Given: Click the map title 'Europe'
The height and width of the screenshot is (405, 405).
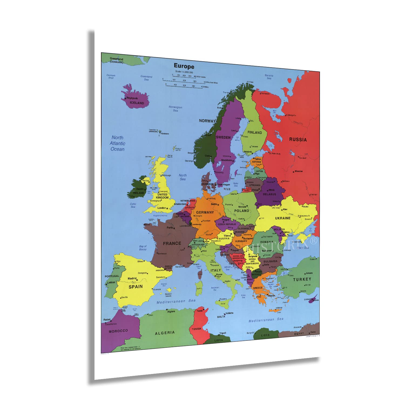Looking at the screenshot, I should click(184, 66).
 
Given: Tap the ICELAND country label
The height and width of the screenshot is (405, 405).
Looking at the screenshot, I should click(137, 103).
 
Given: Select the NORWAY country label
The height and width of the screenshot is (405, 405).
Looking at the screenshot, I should click(207, 121).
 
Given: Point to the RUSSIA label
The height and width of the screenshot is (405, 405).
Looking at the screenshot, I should click(298, 140).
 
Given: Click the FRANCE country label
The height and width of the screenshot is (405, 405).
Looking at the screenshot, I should click(172, 244).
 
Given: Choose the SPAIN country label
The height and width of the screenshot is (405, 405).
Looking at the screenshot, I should click(136, 287).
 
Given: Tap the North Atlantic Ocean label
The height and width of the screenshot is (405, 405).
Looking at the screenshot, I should click(117, 143).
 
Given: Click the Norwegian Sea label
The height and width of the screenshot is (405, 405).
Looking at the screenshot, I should click(175, 109).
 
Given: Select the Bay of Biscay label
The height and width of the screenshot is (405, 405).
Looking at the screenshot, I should click(143, 248).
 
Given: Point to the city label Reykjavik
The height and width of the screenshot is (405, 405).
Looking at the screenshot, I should click(132, 98).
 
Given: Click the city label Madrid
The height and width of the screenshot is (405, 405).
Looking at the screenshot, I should click(132, 278).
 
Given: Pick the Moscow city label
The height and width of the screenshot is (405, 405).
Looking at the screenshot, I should click(299, 171).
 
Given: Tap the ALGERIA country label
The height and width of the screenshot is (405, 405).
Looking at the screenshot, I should click(165, 333).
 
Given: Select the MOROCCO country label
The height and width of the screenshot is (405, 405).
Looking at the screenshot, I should click(118, 331).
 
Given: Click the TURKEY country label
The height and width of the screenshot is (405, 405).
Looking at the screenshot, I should click(302, 279).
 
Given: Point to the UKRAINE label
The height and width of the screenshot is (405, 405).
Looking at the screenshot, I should click(283, 218).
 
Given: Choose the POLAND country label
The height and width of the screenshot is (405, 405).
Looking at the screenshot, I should click(242, 211).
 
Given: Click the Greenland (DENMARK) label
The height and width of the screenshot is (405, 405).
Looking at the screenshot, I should click(116, 60).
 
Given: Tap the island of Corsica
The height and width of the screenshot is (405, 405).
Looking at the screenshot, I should click(200, 274).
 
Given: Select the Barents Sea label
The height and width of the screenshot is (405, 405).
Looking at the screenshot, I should click(269, 77).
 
